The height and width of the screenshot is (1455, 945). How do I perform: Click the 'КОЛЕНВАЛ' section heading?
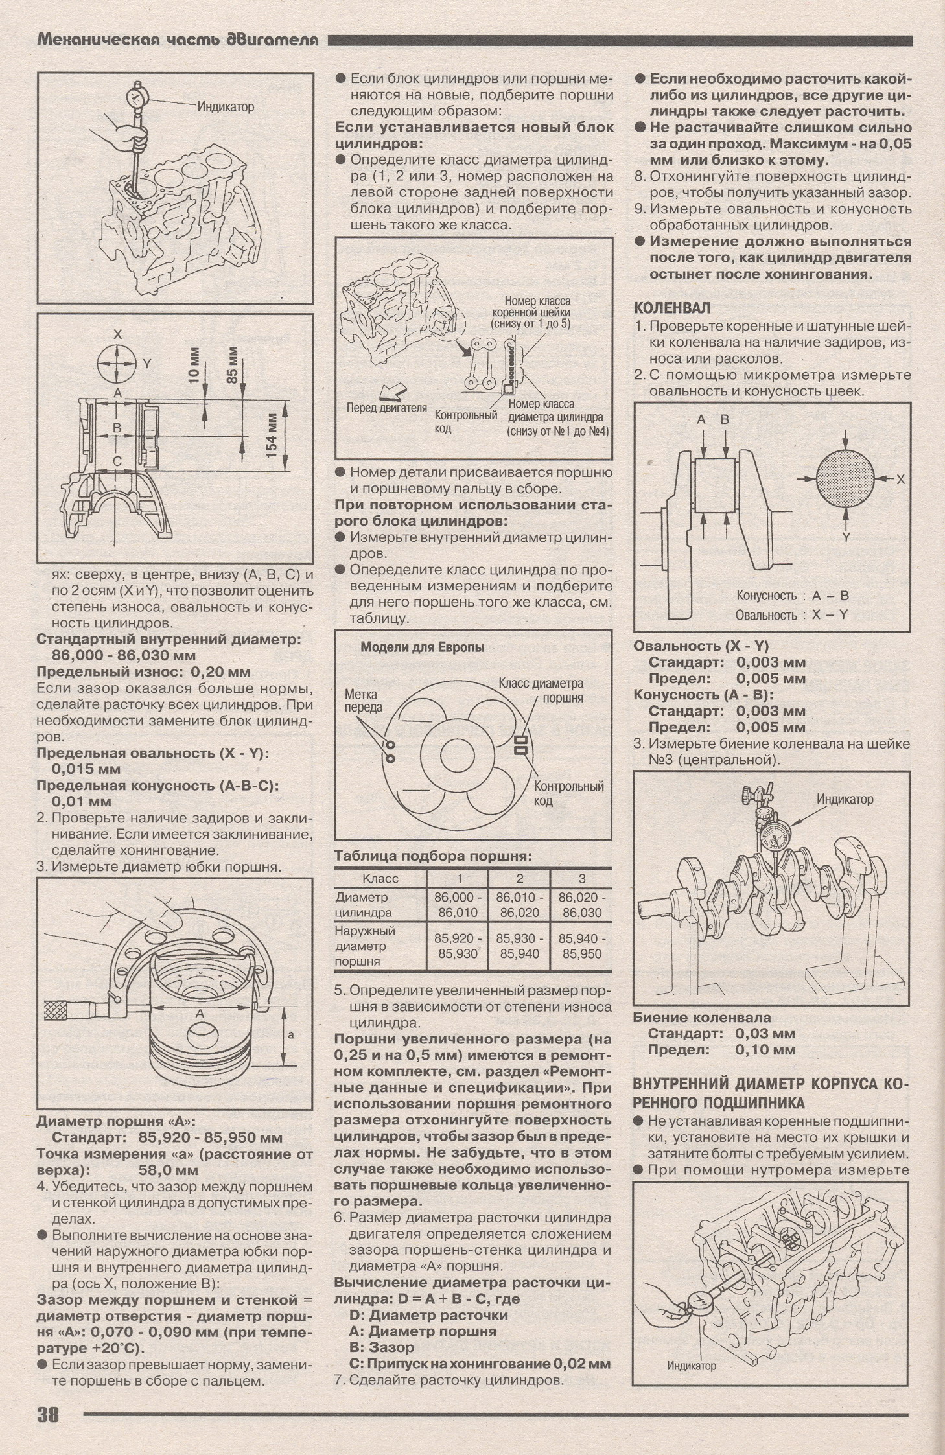[671, 308]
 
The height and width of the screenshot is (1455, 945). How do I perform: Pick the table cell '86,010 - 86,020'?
[519, 905]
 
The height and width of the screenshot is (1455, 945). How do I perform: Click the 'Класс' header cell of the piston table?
[380, 878]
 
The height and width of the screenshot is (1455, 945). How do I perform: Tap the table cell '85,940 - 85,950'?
[581, 946]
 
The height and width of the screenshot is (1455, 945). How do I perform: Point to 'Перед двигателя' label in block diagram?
[386, 408]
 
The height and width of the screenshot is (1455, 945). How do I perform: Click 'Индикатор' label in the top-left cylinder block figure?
[226, 106]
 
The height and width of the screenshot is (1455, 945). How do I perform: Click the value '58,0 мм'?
[168, 1170]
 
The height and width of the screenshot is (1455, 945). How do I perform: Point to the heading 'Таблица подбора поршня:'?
[433, 856]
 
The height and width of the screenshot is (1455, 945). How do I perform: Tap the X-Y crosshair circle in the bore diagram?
[117, 364]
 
